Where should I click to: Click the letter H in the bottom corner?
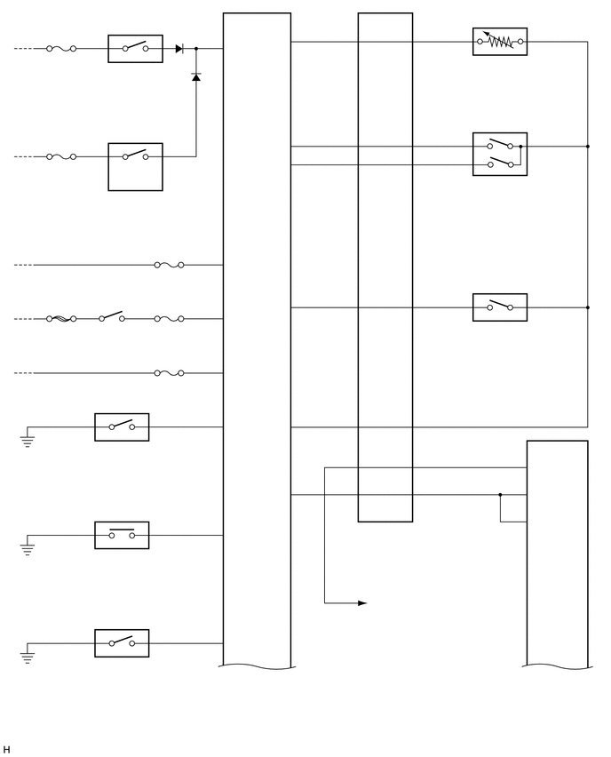7,750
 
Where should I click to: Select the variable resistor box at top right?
499,42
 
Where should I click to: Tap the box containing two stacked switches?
499,155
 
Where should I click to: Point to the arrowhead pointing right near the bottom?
361,603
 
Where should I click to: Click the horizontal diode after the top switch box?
179,49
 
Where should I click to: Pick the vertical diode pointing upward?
196,77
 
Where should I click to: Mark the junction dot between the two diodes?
196,49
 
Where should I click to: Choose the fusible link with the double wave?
61,319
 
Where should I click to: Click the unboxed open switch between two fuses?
112,317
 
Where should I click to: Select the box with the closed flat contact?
122,535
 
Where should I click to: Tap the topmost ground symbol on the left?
28,440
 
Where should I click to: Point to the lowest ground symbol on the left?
28,657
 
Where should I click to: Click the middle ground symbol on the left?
28,549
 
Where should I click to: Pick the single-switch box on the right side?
499,307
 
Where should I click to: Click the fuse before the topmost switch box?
61,49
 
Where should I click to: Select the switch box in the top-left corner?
135,49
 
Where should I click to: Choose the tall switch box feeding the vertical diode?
135,166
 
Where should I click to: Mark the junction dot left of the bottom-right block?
500,495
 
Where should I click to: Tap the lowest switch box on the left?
122,643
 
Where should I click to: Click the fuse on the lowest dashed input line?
169,373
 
